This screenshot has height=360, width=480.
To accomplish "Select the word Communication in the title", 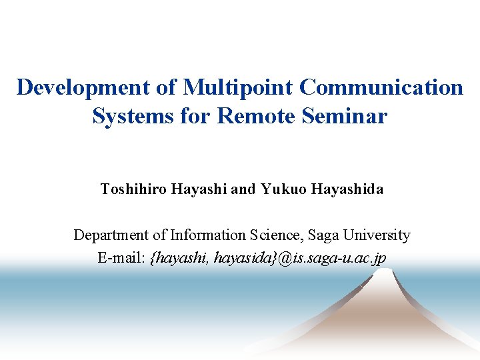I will pos(381,87).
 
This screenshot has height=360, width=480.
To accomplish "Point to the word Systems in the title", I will pos(133,116).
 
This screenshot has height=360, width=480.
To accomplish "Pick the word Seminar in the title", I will pos(344,116).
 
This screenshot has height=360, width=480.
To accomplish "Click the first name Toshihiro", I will pos(133,189).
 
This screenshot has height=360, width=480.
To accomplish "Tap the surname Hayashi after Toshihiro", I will pos(199,189).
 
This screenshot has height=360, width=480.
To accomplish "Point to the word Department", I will pos(111,235).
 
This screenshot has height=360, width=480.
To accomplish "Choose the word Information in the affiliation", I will pos(208,235).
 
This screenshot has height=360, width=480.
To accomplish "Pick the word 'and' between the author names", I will pos(243,189).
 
